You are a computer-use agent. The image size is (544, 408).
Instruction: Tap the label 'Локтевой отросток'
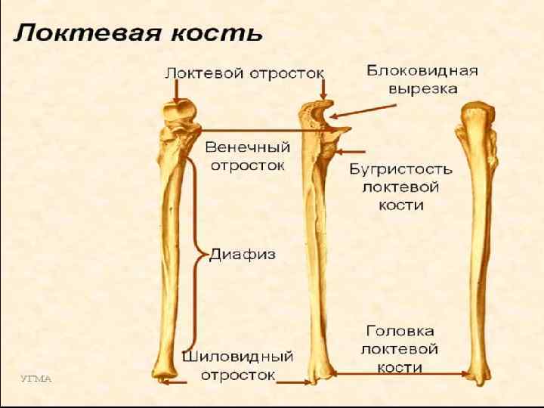(245, 73)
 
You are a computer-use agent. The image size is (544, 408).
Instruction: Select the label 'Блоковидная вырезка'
(422, 79)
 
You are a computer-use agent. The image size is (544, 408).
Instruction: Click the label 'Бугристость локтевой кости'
(400, 187)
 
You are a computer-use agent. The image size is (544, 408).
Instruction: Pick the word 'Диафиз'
(242, 254)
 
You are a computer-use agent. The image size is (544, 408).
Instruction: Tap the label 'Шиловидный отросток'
(237, 364)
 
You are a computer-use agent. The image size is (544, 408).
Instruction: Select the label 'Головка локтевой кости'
(400, 349)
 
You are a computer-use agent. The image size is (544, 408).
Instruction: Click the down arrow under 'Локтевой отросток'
(176, 92)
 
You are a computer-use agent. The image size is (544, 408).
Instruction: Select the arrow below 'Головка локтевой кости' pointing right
(400, 372)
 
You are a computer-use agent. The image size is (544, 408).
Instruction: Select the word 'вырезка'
(422, 88)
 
